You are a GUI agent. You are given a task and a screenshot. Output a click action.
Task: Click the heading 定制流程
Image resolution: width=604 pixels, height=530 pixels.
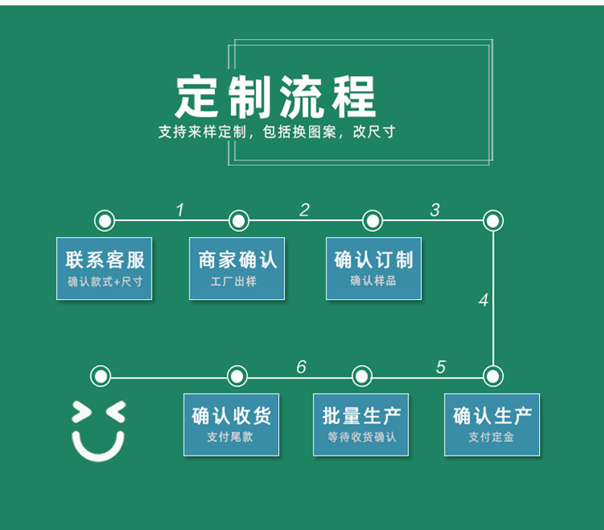tap(276, 96)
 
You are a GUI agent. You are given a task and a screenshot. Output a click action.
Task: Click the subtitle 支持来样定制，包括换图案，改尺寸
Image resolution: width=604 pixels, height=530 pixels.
tap(276, 132)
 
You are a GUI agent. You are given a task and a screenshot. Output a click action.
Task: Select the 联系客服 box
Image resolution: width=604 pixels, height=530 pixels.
tap(104, 268)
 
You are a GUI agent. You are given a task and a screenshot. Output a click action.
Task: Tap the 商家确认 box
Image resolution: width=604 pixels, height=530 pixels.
tap(237, 268)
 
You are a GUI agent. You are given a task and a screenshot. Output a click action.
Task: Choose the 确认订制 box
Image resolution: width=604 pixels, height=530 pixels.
tap(373, 268)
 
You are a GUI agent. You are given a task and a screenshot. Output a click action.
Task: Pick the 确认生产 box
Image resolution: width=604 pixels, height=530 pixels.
tap(492, 424)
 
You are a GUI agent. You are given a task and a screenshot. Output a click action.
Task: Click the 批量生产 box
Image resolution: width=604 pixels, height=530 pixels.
tap(361, 424)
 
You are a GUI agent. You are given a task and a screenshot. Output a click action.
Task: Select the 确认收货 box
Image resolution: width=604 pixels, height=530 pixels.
tap(231, 424)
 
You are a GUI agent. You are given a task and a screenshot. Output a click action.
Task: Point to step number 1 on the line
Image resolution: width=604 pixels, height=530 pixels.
tap(180, 210)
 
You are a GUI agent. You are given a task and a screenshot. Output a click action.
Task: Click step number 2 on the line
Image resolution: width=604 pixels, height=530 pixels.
tap(304, 210)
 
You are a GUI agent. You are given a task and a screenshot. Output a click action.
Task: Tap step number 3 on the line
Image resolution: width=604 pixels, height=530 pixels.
tap(435, 210)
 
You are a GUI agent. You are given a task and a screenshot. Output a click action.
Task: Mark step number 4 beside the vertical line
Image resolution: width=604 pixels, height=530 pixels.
tap(483, 301)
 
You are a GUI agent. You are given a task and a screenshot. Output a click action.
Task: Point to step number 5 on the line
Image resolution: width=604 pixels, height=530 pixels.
tap(440, 367)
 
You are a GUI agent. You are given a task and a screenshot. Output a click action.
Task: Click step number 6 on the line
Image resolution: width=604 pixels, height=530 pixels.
tap(301, 367)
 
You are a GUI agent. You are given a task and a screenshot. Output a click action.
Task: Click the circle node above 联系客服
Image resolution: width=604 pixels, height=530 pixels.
tap(105, 221)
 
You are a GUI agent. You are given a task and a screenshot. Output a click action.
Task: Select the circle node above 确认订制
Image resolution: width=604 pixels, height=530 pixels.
tap(372, 221)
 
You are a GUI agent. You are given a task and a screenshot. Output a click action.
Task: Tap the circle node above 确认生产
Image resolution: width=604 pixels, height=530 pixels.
tap(493, 376)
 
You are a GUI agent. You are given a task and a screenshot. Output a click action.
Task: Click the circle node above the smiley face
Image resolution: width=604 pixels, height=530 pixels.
tap(100, 376)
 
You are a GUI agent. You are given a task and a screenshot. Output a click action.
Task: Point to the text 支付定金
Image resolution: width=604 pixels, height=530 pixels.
tap(492, 437)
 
